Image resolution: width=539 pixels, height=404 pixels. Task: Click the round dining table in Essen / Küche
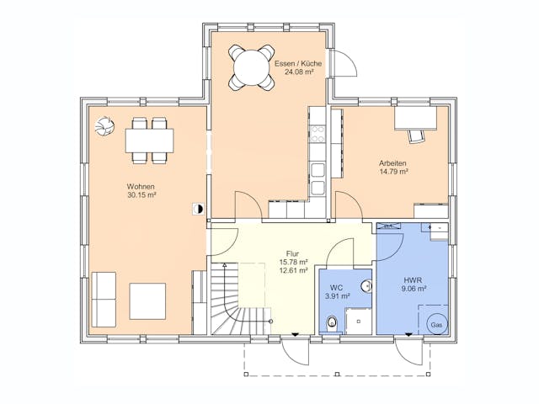[251, 67]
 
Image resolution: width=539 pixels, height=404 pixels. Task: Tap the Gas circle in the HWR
[437, 324]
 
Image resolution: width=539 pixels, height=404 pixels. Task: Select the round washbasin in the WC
[367, 286]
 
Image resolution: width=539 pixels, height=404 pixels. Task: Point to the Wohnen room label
[141, 187]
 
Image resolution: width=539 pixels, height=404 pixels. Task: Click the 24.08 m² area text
[299, 72]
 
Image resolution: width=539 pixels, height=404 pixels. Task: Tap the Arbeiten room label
[392, 163]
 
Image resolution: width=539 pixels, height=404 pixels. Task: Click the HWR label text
[414, 280]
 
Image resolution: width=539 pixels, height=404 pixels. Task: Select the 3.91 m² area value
[337, 295]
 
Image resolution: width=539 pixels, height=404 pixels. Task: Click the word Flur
[292, 254]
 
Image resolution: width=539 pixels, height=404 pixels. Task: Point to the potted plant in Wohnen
[104, 126]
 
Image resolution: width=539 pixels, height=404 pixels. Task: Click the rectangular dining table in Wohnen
[150, 141]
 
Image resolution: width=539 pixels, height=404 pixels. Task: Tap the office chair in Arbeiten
[416, 136]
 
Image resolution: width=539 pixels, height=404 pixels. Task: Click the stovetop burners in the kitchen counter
[318, 134]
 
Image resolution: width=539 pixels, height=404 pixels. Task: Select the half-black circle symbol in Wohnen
[198, 209]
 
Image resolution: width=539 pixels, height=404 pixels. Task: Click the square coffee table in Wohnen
[147, 301]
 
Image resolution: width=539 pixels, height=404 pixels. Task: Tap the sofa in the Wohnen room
[104, 300]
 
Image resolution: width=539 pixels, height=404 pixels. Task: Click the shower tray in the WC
[358, 322]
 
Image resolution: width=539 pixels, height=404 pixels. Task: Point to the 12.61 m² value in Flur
[293, 270]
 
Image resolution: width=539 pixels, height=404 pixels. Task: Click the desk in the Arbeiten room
[415, 118]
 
